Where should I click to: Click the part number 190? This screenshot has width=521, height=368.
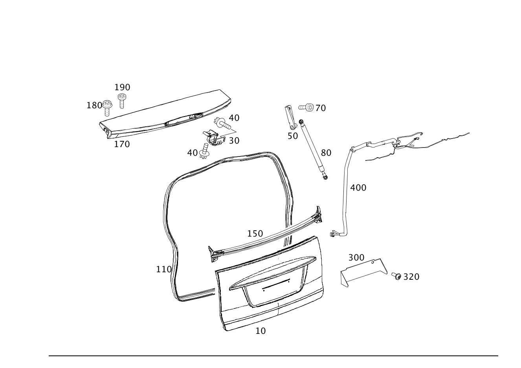point(122,87)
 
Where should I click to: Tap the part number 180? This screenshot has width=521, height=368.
point(94,106)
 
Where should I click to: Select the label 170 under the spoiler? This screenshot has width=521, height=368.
point(122,144)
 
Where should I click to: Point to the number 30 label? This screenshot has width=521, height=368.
point(234,140)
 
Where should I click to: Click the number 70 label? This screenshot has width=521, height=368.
point(321,108)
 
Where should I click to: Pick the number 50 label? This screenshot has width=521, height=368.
point(293,136)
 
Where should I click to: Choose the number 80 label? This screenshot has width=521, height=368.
point(326,153)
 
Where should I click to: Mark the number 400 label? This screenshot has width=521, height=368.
point(358,188)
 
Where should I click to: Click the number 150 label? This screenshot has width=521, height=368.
point(255,234)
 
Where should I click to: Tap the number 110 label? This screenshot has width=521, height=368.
point(164,269)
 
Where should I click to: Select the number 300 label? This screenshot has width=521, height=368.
point(356,258)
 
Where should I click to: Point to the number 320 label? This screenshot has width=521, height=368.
point(411,277)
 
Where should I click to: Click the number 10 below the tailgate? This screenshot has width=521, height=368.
point(260,331)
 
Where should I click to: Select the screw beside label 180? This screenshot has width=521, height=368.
point(107,106)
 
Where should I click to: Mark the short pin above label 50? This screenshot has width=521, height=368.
point(290,116)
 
